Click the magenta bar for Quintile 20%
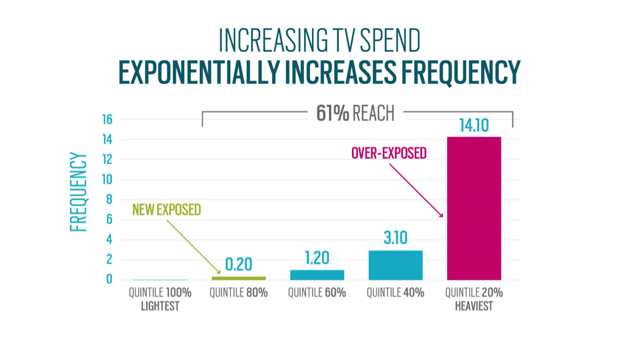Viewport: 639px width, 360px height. (x=474, y=208)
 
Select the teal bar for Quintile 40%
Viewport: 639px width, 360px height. (x=395, y=265)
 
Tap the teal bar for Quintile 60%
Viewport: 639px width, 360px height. (x=317, y=275)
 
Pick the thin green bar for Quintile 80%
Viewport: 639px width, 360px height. (x=239, y=278)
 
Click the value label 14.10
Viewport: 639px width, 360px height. (x=474, y=126)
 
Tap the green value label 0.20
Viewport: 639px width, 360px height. (x=239, y=266)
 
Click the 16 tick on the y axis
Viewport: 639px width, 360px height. (x=107, y=119)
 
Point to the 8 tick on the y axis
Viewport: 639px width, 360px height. (x=109, y=199)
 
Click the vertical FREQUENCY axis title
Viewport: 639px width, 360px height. (x=79, y=191)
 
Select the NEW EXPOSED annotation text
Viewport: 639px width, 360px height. (x=166, y=210)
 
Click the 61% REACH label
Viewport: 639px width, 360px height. (x=355, y=113)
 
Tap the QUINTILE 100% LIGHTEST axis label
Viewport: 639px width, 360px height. (x=160, y=298)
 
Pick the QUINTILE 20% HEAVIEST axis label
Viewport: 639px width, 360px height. (x=474, y=298)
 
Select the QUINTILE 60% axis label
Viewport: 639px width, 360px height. (x=317, y=293)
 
